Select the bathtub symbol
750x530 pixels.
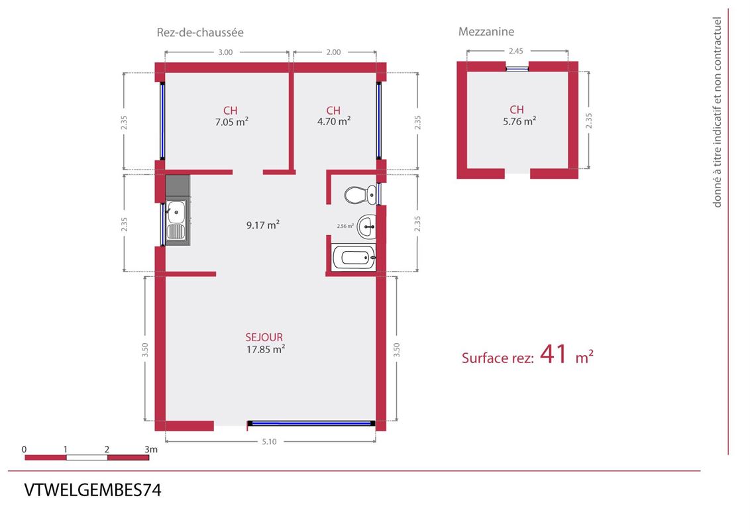(x=354, y=258)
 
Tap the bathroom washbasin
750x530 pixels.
(x=367, y=227)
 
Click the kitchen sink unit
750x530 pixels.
(x=178, y=210)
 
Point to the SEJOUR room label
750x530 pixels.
(x=264, y=337)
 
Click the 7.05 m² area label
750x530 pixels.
(x=231, y=122)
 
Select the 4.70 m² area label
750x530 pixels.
(x=334, y=121)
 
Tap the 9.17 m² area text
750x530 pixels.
(x=262, y=225)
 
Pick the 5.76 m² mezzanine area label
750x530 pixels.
(x=519, y=121)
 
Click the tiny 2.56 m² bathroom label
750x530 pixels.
(x=345, y=226)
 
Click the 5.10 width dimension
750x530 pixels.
(x=269, y=441)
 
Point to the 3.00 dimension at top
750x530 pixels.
(x=225, y=52)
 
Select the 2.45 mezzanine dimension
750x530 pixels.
(x=515, y=51)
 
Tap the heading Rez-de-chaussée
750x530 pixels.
(x=200, y=32)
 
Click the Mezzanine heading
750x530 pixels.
(x=486, y=32)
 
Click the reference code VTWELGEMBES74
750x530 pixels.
(x=93, y=490)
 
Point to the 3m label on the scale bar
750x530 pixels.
(x=151, y=449)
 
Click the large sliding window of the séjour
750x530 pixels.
(x=311, y=423)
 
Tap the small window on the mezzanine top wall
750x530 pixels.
(x=517, y=69)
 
